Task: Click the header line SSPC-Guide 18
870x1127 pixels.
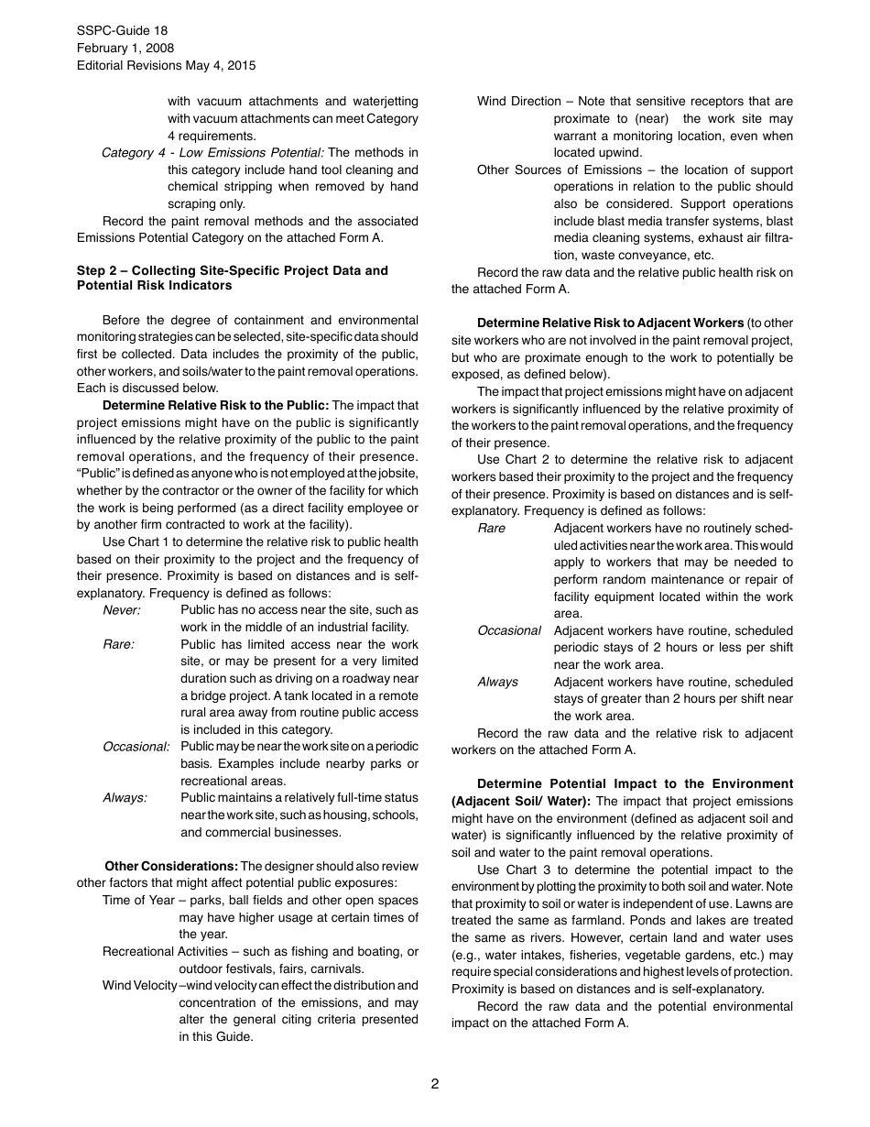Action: click(122, 30)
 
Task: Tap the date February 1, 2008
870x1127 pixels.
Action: click(125, 48)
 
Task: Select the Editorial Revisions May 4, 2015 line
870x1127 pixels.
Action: click(166, 65)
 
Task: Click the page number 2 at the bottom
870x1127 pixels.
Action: click(435, 1084)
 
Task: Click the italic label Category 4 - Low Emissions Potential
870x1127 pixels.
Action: click(212, 152)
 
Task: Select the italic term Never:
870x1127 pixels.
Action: click(122, 609)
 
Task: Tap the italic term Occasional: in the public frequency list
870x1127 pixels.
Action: click(136, 747)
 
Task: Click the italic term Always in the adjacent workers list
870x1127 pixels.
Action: click(497, 682)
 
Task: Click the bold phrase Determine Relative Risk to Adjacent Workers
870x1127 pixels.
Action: click(610, 323)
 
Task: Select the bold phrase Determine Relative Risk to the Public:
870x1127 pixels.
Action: click(215, 405)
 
